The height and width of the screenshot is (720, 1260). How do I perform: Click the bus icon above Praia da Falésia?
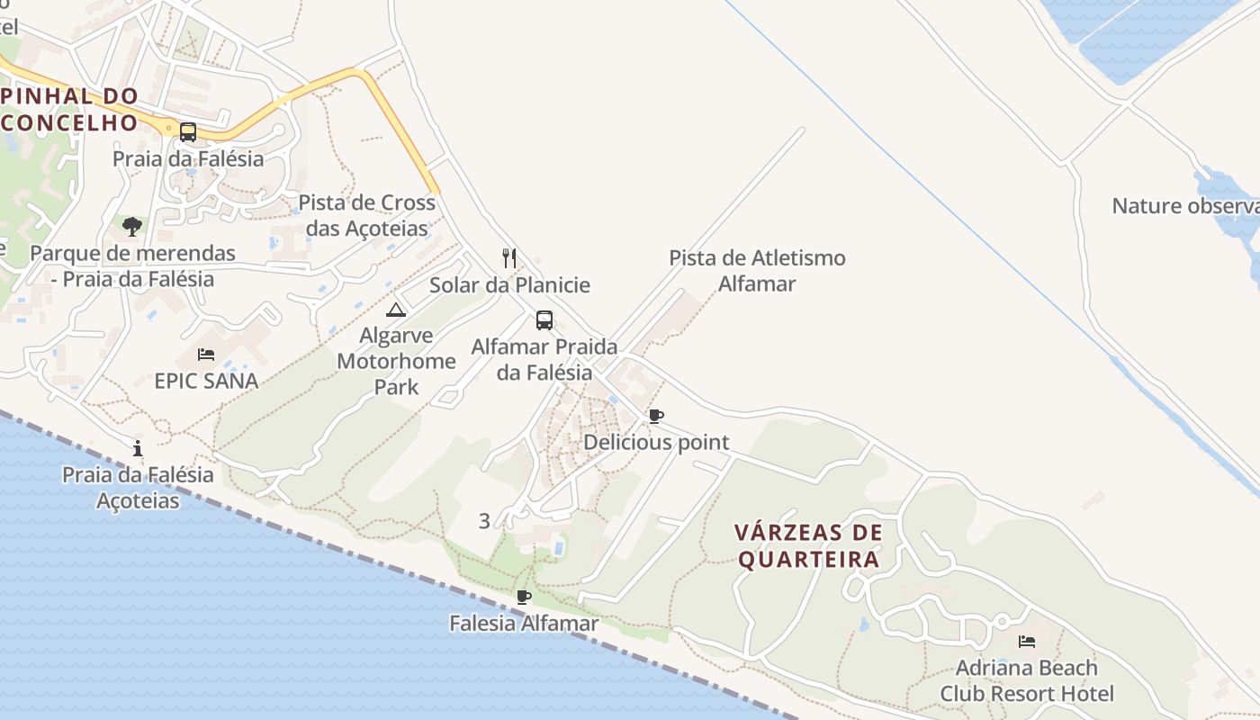coord(187,132)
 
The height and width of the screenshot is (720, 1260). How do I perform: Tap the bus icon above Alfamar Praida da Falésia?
coord(544,320)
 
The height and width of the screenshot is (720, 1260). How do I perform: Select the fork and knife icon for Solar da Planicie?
coord(509,258)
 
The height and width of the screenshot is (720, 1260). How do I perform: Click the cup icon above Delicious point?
coord(656,416)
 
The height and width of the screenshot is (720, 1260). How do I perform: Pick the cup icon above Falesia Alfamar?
coord(524,596)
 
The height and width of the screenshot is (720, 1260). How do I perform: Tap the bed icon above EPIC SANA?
coord(206,355)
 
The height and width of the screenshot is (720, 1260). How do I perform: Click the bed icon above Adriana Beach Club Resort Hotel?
coord(1026,642)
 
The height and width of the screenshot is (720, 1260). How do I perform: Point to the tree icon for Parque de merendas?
coord(132,226)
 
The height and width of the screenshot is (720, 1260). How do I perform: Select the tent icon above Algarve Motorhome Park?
coord(396,310)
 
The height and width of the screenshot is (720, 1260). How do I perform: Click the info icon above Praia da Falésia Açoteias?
coord(138,448)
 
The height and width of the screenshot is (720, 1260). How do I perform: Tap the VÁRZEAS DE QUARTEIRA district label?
coord(808,546)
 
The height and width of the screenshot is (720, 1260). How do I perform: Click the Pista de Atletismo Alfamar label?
coord(757,271)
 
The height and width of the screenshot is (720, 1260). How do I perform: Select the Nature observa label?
coord(1185,206)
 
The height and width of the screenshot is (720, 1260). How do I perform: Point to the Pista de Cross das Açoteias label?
coord(366,215)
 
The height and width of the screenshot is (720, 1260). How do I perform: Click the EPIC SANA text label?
coord(206,381)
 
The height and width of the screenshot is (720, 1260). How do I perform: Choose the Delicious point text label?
coord(656,443)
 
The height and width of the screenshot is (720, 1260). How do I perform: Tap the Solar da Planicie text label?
coord(509,285)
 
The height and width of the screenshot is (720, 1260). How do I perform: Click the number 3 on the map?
coord(484,521)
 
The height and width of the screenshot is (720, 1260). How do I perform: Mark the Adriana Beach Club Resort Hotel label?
coord(1027,680)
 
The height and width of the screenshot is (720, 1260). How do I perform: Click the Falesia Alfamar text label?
coord(524,623)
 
